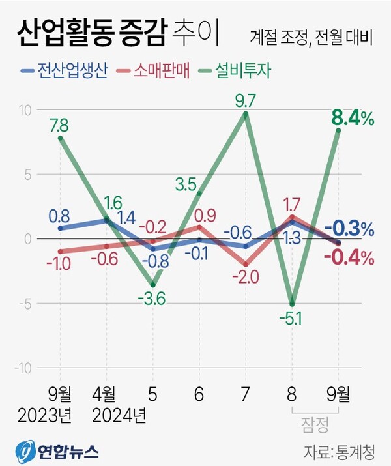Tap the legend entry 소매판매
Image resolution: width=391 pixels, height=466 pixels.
click(x=160, y=70)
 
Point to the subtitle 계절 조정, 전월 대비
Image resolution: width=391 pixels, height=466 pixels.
click(x=310, y=36)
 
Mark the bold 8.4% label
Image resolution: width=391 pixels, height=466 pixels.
click(x=353, y=118)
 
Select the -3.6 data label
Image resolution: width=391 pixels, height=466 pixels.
click(x=152, y=299)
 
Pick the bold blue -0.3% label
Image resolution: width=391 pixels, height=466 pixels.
click(x=349, y=229)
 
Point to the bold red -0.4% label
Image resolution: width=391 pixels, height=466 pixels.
click(x=349, y=257)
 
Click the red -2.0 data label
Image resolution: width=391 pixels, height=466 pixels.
click(x=245, y=277)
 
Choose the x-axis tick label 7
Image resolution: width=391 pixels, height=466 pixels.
click(x=245, y=395)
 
